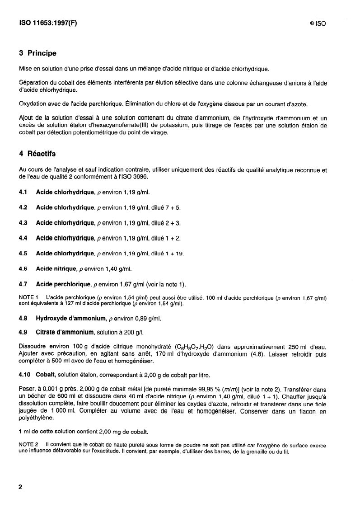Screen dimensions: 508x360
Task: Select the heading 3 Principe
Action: point(37,53)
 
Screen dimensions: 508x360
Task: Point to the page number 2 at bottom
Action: point(20,488)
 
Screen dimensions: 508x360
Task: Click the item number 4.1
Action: point(23,192)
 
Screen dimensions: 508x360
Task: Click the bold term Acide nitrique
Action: point(56,269)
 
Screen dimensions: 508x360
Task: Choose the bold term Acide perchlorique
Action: point(63,284)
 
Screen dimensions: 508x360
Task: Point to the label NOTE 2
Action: point(29,445)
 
